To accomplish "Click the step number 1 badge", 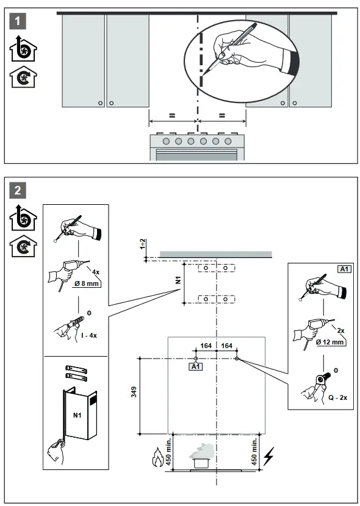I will tap(20, 21).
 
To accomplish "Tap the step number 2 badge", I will tap(20, 190).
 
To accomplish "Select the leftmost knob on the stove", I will tap(167, 141).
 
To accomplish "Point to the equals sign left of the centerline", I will tap(172, 115).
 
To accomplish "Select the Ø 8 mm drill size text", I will tap(87, 283).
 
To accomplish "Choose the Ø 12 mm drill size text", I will tap(331, 343).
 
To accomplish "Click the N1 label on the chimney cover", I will tap(77, 415).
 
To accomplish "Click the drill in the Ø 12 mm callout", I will tap(308, 332).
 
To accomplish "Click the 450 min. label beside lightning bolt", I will tap(254, 451).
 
